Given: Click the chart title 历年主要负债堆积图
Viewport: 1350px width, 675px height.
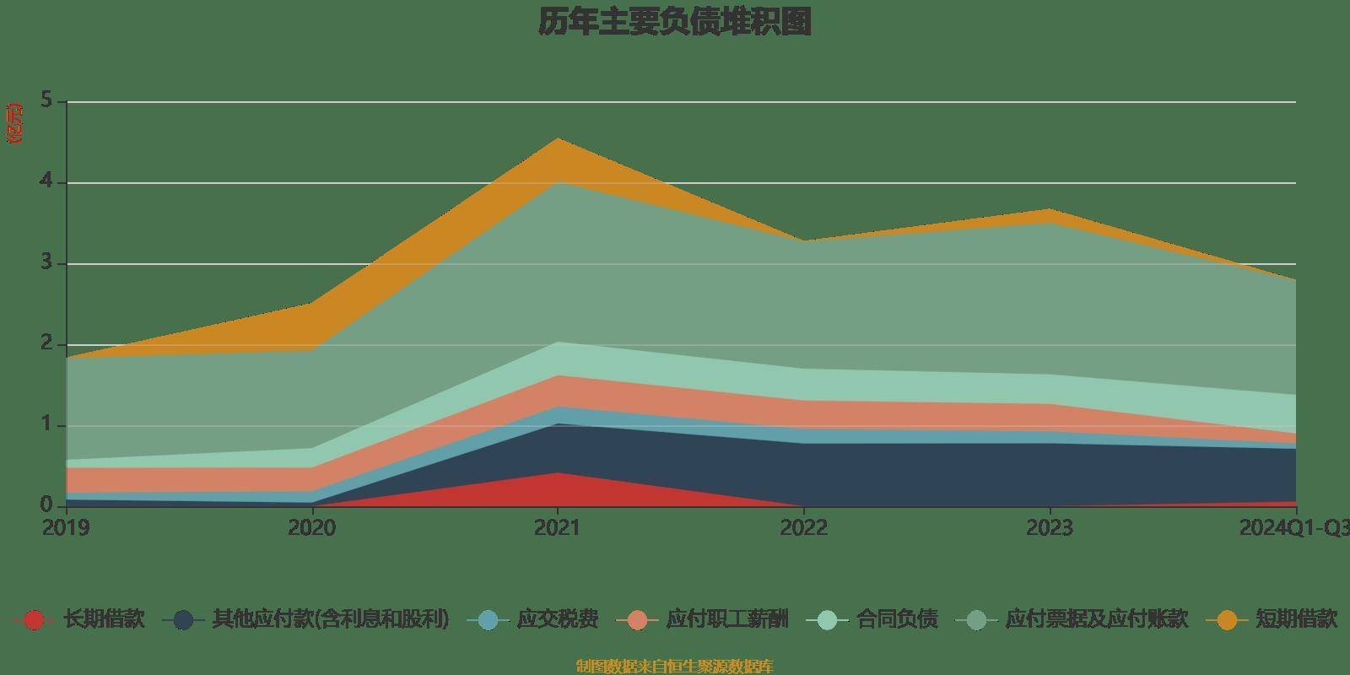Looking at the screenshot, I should pyautogui.click(x=675, y=22).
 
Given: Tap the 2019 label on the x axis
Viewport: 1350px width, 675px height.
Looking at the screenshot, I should pyautogui.click(x=67, y=528).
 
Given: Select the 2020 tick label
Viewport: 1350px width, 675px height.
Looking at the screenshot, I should pyautogui.click(x=311, y=528).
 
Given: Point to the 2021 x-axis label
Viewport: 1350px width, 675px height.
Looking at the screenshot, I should pyautogui.click(x=557, y=528).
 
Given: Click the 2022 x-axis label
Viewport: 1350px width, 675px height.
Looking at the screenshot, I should pyautogui.click(x=803, y=528).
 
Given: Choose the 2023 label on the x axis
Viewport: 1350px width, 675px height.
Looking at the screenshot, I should pyautogui.click(x=1049, y=528).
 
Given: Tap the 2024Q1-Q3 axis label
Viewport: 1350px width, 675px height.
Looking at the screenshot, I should pyautogui.click(x=1293, y=528).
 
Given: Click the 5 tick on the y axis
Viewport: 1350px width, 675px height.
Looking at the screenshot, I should pyautogui.click(x=46, y=101).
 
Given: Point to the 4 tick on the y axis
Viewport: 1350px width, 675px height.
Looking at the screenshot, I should pyautogui.click(x=46, y=182).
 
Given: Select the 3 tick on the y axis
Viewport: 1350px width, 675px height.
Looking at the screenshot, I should pyautogui.click(x=46, y=263).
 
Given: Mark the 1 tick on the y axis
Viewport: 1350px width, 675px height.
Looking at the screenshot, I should pyautogui.click(x=46, y=425).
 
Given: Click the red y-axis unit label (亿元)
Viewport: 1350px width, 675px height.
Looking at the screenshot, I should pyautogui.click(x=14, y=123).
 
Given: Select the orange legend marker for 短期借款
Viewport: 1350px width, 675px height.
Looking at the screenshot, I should pyautogui.click(x=1227, y=620).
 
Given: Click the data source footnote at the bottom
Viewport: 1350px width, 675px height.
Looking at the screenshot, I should pyautogui.click(x=674, y=667).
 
